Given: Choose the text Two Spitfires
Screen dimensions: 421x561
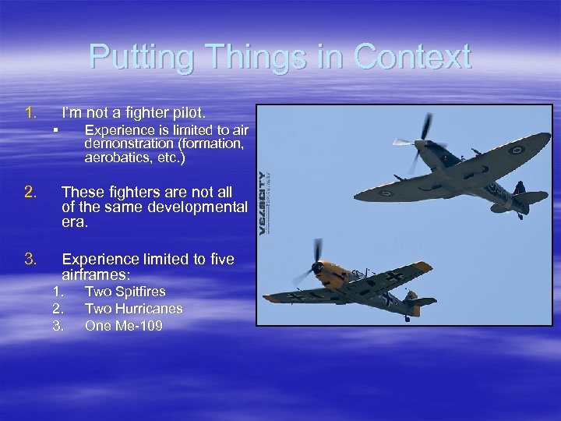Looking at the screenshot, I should pyautogui.click(x=125, y=292).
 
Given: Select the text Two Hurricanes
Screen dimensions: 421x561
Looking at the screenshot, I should pyautogui.click(x=133, y=309).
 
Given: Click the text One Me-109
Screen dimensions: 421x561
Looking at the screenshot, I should pyautogui.click(x=123, y=326).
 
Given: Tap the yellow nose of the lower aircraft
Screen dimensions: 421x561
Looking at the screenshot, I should pyautogui.click(x=327, y=269).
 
